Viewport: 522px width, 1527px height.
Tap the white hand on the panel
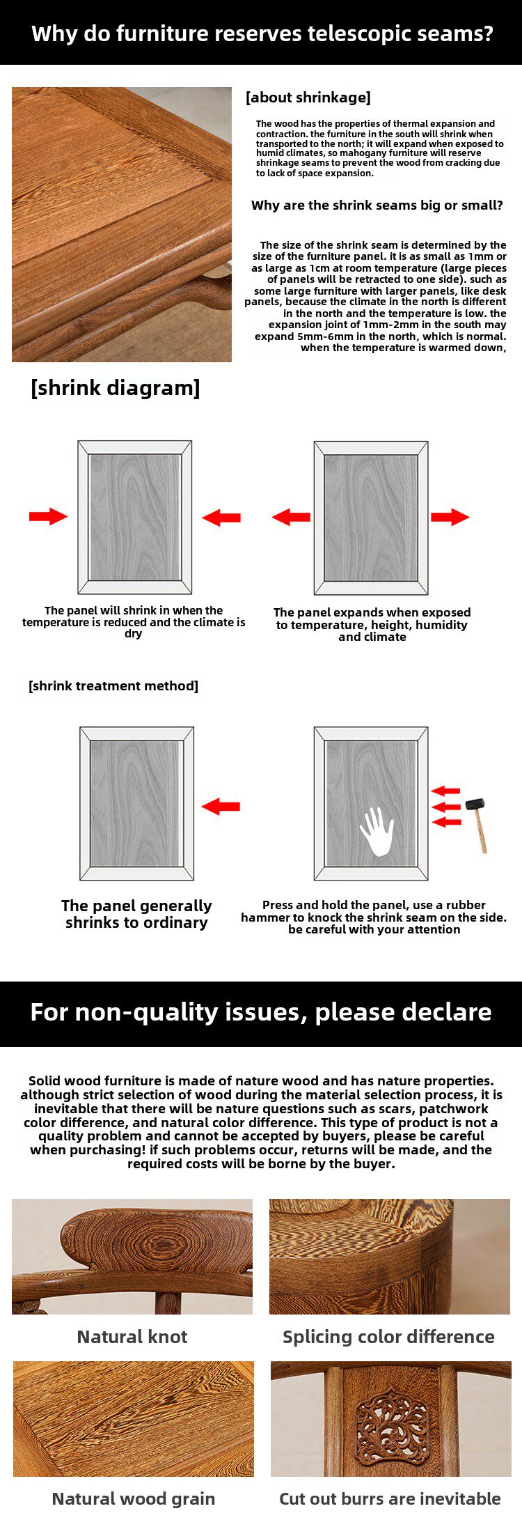pyautogui.click(x=377, y=830)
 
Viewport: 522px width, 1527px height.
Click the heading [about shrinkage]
pyautogui.click(x=308, y=98)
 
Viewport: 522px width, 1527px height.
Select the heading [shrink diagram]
pyautogui.click(x=116, y=387)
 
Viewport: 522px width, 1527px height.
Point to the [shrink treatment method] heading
pyautogui.click(x=113, y=686)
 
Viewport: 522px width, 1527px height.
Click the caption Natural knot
pyautogui.click(x=132, y=1336)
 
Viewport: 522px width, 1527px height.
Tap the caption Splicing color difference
pyautogui.click(x=388, y=1336)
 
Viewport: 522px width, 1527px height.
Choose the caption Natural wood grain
pyautogui.click(x=134, y=1498)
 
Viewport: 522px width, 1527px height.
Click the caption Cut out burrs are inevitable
pyautogui.click(x=390, y=1498)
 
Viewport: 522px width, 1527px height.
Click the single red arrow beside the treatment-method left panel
pyautogui.click(x=221, y=807)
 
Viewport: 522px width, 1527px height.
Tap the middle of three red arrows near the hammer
pyautogui.click(x=446, y=807)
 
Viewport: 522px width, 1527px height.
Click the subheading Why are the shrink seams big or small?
pyautogui.click(x=377, y=206)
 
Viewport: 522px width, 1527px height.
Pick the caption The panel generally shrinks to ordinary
pyautogui.click(x=136, y=914)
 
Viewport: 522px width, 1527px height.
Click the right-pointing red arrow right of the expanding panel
pyautogui.click(x=450, y=517)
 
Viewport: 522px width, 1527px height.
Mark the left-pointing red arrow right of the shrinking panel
pyautogui.click(x=221, y=517)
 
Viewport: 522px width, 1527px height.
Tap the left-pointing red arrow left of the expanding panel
pyautogui.click(x=291, y=517)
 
